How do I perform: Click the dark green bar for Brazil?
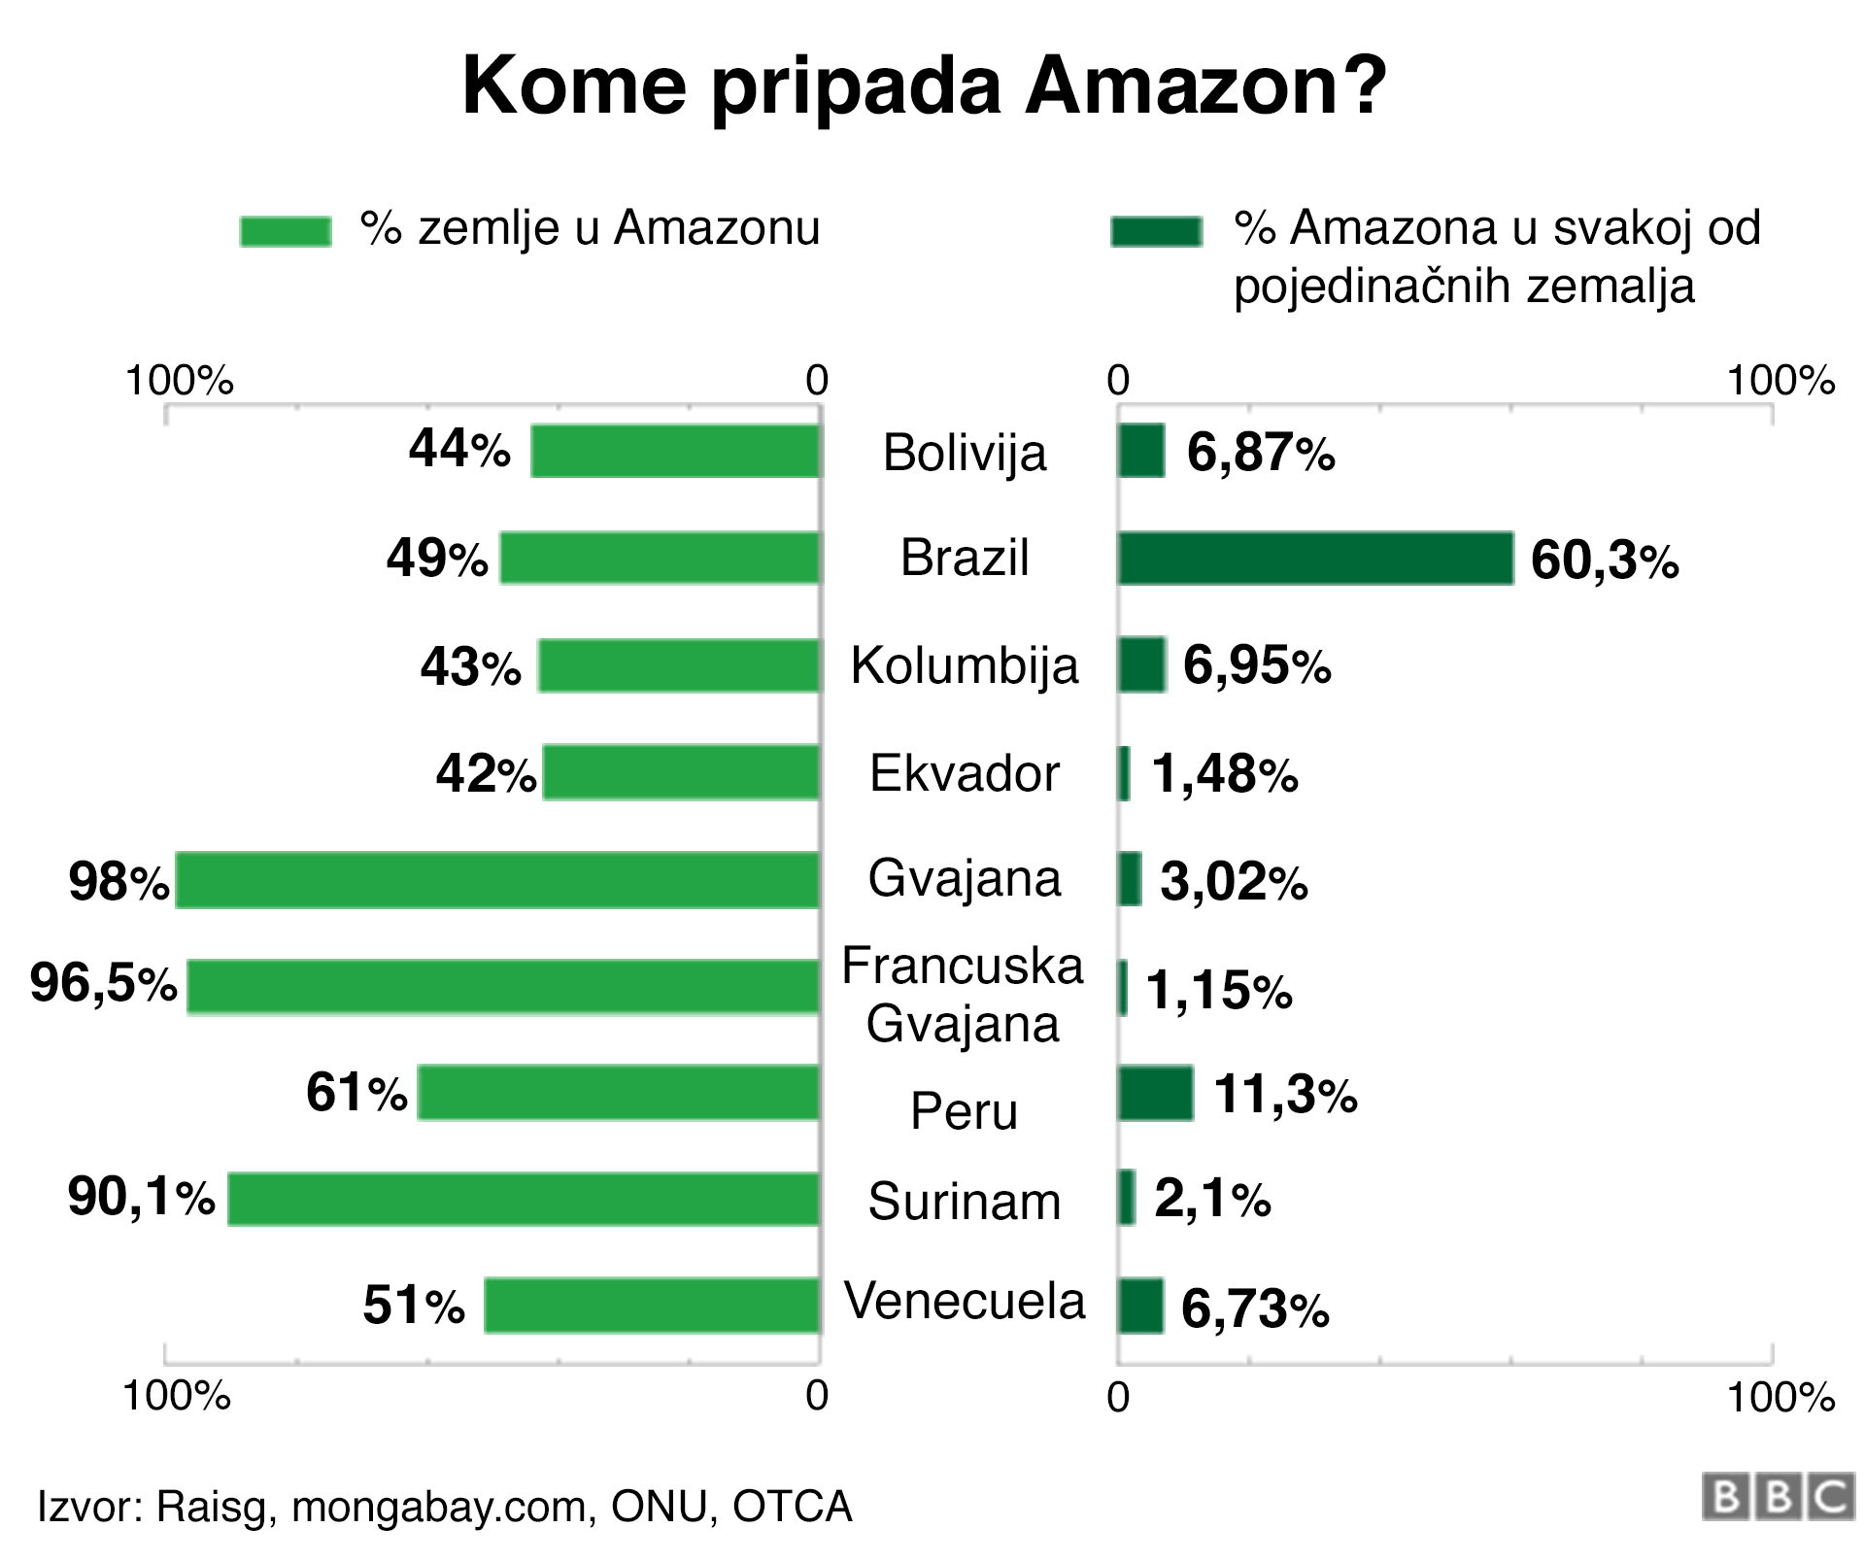pos(1315,559)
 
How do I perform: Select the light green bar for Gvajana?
pos(497,880)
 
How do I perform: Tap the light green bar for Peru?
pos(619,1093)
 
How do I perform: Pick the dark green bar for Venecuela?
pos(1140,1306)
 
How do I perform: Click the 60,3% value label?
pos(1604,560)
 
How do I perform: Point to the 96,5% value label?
pos(104,983)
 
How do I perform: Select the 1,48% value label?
pos(1224,774)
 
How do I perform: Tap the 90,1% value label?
pos(141,1197)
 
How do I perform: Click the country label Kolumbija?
pos(965,666)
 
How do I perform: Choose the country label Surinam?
pos(965,1202)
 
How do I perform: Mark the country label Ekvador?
pos(965,774)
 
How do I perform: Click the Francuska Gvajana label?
pos(963,995)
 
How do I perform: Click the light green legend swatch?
pos(286,231)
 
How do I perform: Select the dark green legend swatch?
pos(1157,231)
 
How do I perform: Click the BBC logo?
pos(1777,1497)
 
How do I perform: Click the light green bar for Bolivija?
pos(675,451)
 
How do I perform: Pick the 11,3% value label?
pos(1285,1094)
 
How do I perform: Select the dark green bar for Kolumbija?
pos(1141,665)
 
